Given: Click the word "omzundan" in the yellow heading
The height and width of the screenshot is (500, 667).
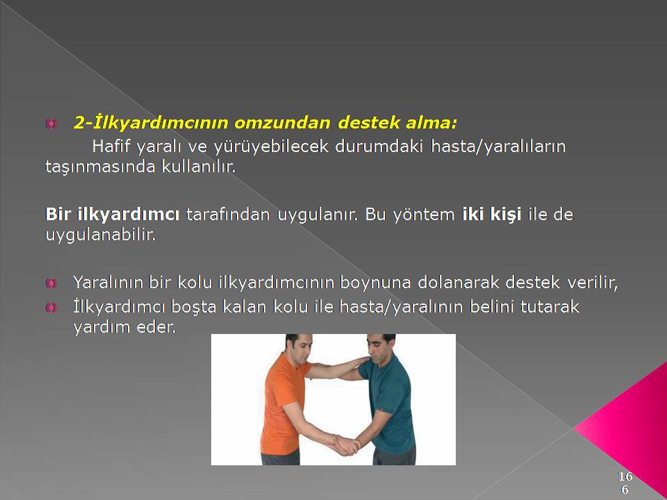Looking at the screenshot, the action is point(282,123).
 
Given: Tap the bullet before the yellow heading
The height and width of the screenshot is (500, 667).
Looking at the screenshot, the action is point(51,124).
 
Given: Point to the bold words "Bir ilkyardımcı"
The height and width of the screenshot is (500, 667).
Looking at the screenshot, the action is point(113,215).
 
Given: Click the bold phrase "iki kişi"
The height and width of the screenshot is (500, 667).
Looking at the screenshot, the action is point(492,215).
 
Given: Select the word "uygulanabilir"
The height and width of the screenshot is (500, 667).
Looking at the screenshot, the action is point(100,235).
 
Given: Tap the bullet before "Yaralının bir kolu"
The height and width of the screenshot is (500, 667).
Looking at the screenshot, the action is point(51,283).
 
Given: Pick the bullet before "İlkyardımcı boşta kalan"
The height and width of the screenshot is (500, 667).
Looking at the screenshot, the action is point(51,308).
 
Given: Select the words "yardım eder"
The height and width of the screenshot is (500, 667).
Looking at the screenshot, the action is point(124,327).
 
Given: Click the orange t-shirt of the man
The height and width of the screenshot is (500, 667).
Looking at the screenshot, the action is point(283,404).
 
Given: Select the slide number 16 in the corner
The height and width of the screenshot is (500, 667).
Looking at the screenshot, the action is point(625,476).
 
